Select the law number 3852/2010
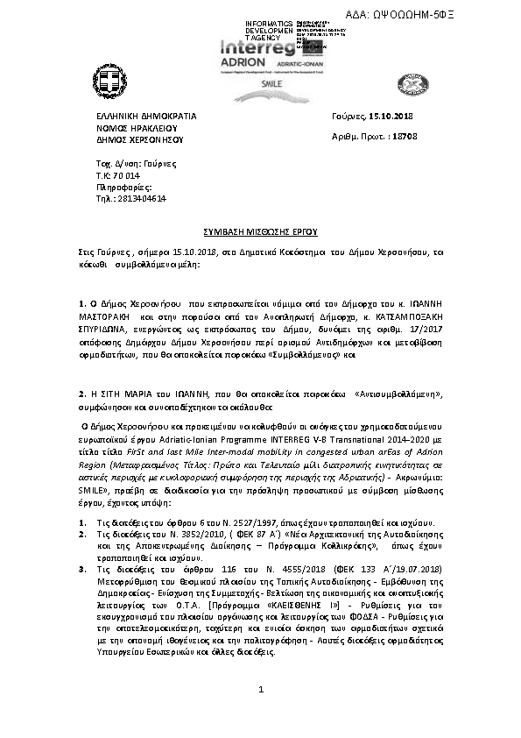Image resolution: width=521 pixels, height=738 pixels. tap(184, 509)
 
